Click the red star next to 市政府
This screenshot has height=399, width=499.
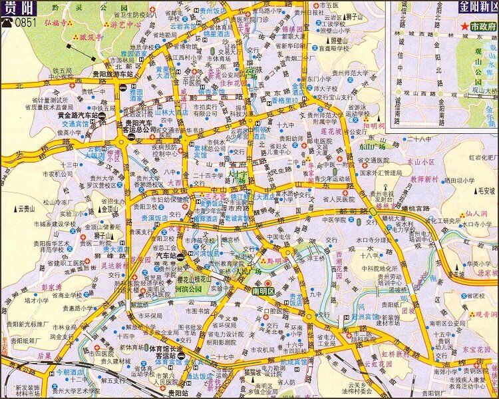pos(463,27)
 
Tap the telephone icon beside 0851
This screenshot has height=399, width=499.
pos(7,21)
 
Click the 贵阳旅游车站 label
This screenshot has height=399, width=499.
pos(103,75)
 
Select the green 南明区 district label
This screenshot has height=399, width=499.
pos(265,291)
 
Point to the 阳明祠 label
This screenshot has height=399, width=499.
pos(375,125)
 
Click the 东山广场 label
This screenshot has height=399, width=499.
pos(374,145)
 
